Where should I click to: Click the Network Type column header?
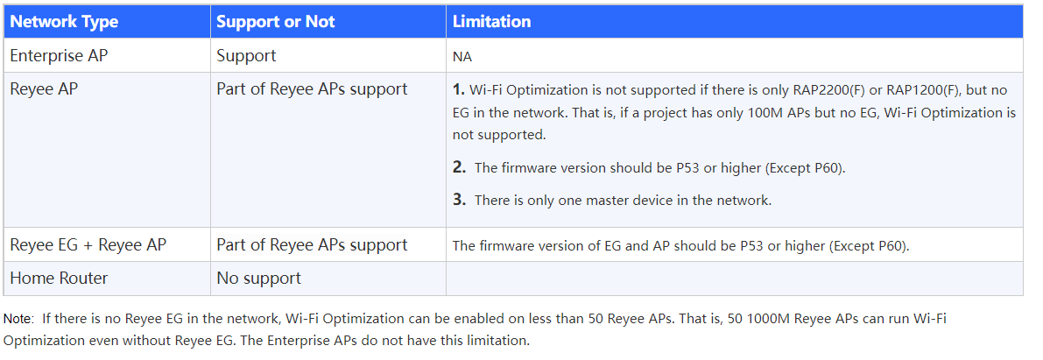[x=64, y=22]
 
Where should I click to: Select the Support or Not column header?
[x=275, y=22]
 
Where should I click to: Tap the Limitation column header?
[x=491, y=22]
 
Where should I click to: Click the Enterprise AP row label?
[x=59, y=56]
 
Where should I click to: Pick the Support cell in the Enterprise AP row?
[x=246, y=57]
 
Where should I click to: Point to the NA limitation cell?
[x=462, y=57]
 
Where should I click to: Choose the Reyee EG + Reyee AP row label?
[x=88, y=245]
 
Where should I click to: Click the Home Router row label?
[x=59, y=279]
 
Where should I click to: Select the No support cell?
[x=258, y=279]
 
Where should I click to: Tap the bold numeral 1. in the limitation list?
[x=458, y=89]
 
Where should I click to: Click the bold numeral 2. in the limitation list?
[x=459, y=167]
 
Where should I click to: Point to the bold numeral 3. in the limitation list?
[x=459, y=200]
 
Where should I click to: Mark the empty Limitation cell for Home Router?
[x=735, y=279]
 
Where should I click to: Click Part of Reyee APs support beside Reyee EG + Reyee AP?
[x=312, y=245]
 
